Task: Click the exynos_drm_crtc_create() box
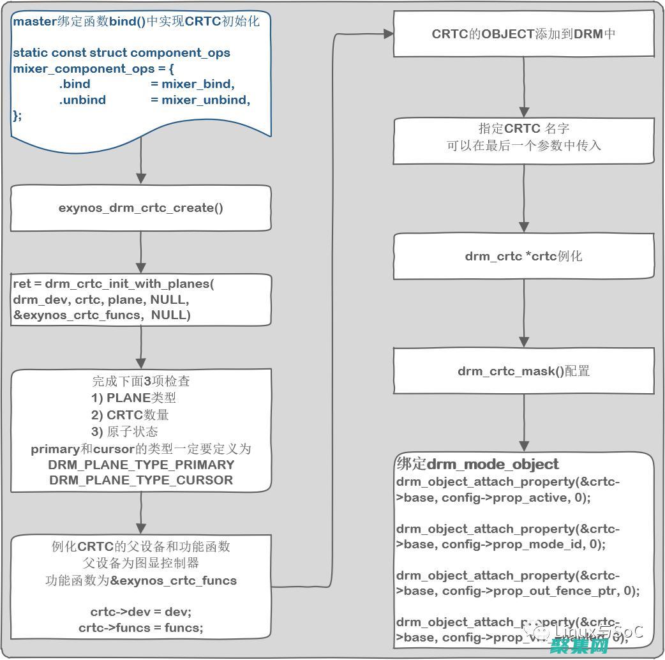(141, 208)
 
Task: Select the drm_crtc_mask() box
(523, 371)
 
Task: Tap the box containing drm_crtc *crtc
(523, 257)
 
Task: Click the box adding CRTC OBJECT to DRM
(523, 34)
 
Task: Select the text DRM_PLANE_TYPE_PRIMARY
(141, 465)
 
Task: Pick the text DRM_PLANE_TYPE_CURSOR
(141, 480)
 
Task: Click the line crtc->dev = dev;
(141, 611)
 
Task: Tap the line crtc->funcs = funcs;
(141, 627)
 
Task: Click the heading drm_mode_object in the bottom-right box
(492, 464)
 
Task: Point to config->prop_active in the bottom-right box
(504, 497)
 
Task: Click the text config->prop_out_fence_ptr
(533, 590)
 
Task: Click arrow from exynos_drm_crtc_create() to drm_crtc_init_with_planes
(141, 253)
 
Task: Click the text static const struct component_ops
(121, 52)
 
